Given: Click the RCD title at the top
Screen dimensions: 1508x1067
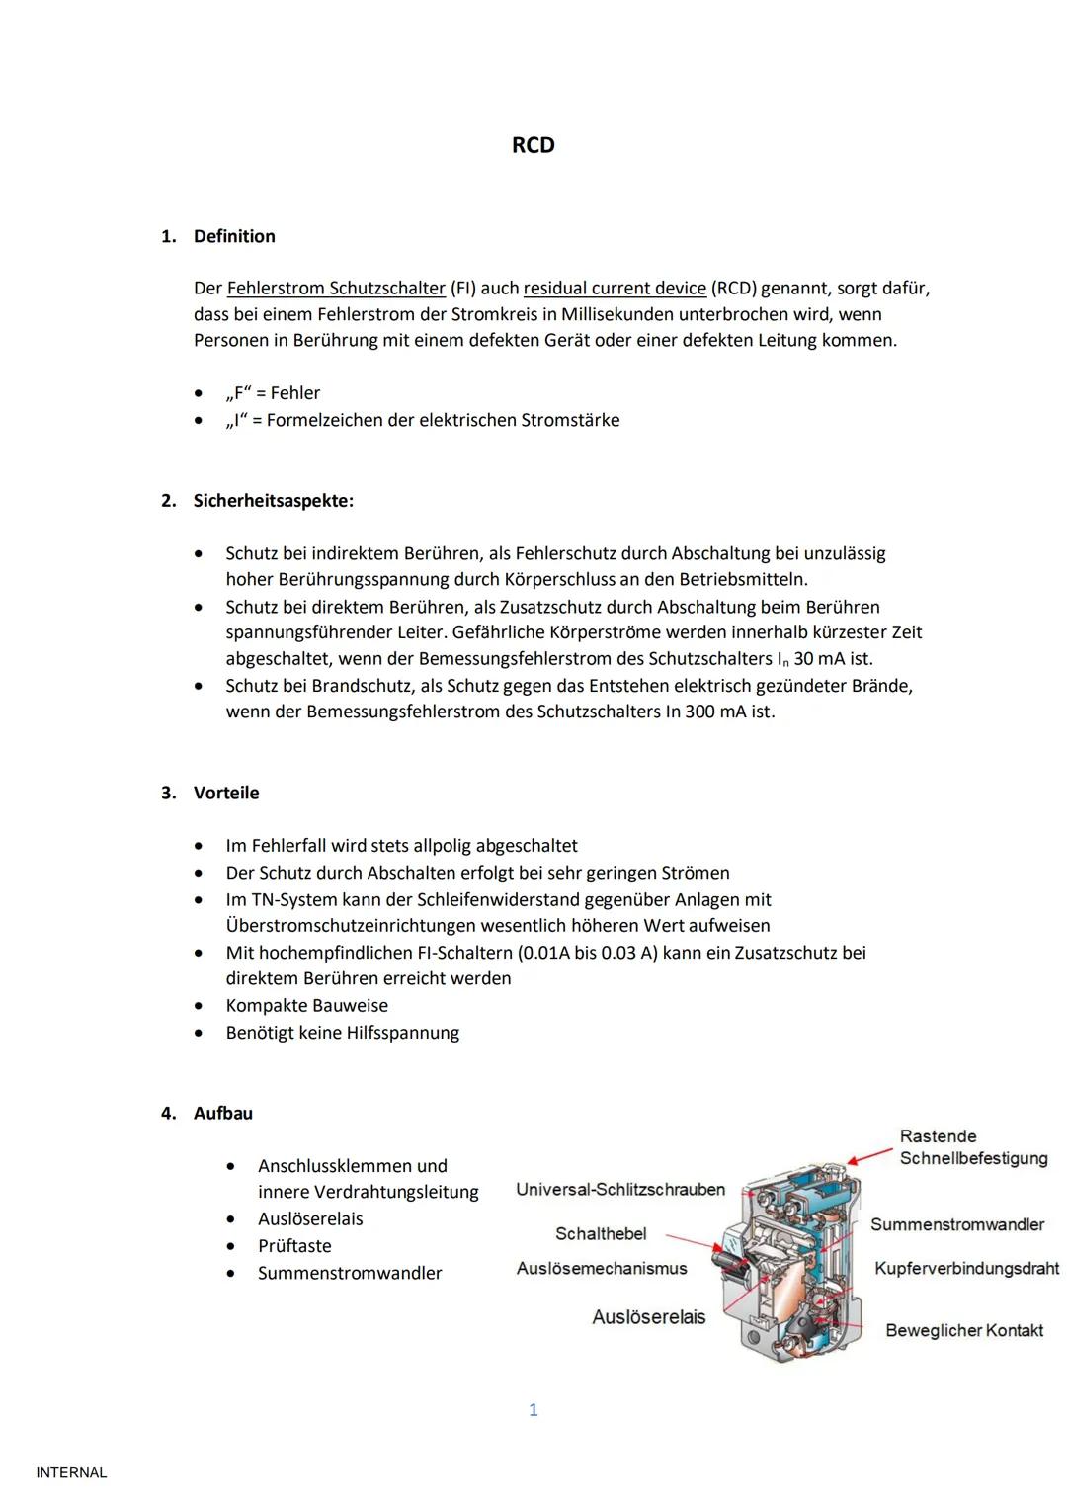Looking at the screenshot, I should [533, 145].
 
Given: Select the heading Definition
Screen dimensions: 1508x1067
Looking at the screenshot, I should [234, 236].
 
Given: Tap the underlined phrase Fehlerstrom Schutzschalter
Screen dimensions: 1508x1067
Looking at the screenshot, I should [336, 289].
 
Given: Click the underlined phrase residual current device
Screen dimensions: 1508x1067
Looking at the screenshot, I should [615, 289].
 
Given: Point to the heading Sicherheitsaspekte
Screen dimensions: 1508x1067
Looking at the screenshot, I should [273, 501].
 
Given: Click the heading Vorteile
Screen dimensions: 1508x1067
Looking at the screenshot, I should [226, 793].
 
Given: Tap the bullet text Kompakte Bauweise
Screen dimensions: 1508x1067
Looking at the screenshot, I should [306, 1005].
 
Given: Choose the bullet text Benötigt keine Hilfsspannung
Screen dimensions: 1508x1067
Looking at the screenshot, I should [342, 1033].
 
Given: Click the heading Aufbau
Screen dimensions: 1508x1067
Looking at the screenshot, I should [223, 1113].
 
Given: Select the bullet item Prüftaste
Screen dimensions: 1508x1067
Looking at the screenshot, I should [294, 1246].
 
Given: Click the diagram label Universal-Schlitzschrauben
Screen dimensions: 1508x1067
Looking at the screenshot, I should [620, 1190].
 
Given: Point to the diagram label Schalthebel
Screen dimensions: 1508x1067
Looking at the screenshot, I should [601, 1233].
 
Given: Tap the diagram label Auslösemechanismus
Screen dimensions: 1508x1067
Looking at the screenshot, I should [601, 1268].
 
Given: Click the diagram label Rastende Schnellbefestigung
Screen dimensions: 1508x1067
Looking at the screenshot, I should [972, 1147].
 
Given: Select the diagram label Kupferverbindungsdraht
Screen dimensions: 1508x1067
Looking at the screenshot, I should [966, 1268].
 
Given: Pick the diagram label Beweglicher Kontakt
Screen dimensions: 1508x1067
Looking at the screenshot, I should [964, 1330].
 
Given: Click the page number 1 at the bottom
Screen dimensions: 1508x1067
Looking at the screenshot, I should [533, 1410].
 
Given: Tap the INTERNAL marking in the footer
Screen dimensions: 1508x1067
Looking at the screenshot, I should [71, 1473].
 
